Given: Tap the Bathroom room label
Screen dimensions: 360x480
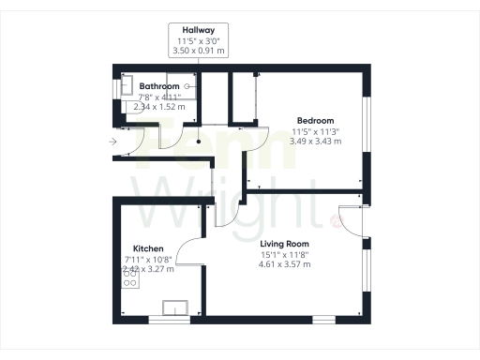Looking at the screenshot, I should coord(134,87).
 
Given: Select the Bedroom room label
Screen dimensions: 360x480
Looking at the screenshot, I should coord(315,121).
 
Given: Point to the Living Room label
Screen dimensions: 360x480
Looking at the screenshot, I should coord(283,244).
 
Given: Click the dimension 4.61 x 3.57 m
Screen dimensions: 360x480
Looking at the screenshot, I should coord(283,264).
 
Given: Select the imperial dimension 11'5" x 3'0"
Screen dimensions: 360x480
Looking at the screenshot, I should coord(197,41).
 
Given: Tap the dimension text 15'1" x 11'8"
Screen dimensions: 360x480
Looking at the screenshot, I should coord(283,254).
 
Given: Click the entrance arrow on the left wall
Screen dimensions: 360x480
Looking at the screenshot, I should coord(112,142).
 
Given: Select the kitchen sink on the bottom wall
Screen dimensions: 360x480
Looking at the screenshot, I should coord(173,307).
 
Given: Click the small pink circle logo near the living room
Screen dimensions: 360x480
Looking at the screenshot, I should coord(335,221).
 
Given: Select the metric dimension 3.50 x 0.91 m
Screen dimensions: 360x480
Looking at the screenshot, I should coord(197,52).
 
